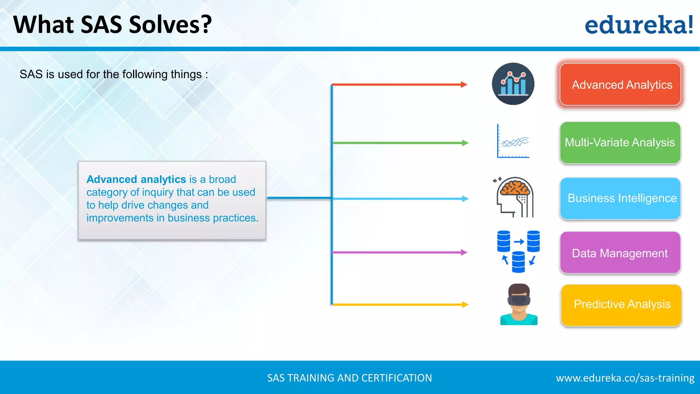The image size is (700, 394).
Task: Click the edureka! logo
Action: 638,25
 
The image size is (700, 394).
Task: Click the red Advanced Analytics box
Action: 620,84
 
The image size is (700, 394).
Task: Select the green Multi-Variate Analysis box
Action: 620,143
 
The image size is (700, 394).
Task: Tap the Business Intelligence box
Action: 620,198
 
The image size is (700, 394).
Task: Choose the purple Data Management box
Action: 620,253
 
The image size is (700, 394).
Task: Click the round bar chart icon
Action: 513,84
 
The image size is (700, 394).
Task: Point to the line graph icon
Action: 513,141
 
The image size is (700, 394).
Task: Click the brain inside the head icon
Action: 515,188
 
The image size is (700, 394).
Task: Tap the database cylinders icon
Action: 518,251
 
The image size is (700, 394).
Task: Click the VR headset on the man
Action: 519,300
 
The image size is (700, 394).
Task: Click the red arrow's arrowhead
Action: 464,84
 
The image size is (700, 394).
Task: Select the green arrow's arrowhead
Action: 465,143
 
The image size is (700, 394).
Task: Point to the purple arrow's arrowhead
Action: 464,252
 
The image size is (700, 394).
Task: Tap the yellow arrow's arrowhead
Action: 465,304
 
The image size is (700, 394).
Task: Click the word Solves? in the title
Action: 171,25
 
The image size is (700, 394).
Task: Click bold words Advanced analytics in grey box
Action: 136,179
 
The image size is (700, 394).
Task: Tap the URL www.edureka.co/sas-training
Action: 625,378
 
